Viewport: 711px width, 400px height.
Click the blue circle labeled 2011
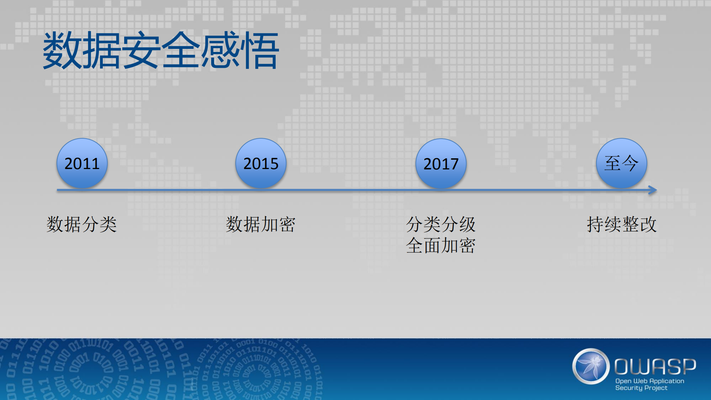(x=82, y=163)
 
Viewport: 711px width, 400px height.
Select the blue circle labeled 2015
(x=261, y=163)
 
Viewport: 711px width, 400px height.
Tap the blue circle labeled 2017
(x=441, y=163)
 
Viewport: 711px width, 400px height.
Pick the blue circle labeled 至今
(x=621, y=163)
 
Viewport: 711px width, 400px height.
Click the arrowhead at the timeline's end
(x=653, y=190)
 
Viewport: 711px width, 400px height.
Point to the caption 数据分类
(x=82, y=224)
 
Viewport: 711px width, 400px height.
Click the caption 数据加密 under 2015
(x=260, y=224)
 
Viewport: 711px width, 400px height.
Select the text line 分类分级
(x=441, y=224)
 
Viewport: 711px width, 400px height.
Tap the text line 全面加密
(x=441, y=245)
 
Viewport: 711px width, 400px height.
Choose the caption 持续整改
(x=621, y=224)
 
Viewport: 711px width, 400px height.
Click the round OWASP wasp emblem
(x=591, y=366)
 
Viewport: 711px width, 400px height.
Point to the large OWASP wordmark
(x=655, y=366)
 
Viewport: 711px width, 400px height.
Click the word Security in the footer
(x=629, y=388)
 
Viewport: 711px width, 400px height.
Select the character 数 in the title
(x=62, y=50)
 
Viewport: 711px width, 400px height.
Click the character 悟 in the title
(x=259, y=50)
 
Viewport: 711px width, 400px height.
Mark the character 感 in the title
(x=220, y=50)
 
